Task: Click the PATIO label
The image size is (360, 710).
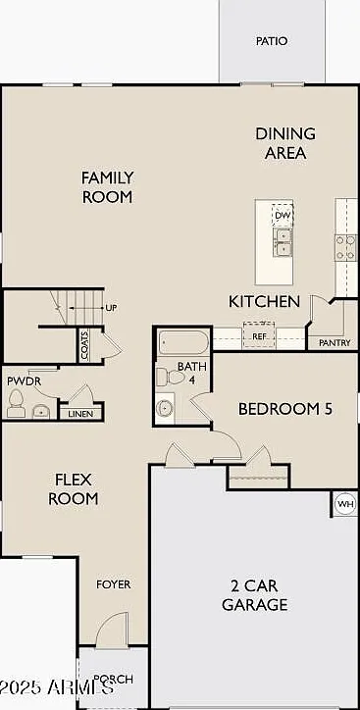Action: pyautogui.click(x=272, y=41)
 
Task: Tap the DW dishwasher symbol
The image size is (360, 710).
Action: pyautogui.click(x=283, y=215)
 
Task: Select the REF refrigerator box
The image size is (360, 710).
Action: pyautogui.click(x=259, y=335)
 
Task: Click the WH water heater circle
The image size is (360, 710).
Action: pyautogui.click(x=345, y=504)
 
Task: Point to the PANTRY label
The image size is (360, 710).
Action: pyautogui.click(x=334, y=343)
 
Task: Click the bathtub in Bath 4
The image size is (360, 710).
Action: pyautogui.click(x=183, y=342)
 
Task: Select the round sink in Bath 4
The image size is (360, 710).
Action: pyautogui.click(x=165, y=408)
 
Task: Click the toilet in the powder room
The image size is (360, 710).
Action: pyautogui.click(x=16, y=403)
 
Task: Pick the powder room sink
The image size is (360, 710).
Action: pyautogui.click(x=41, y=412)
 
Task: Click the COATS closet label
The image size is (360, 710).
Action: pyautogui.click(x=84, y=345)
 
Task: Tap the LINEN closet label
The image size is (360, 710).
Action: pyautogui.click(x=80, y=414)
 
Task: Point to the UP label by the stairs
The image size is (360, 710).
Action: pyautogui.click(x=111, y=308)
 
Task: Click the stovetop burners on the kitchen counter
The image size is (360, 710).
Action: pyautogui.click(x=346, y=248)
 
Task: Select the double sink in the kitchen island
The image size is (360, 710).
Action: pyautogui.click(x=283, y=242)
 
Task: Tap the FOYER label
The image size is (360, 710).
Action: pyautogui.click(x=113, y=584)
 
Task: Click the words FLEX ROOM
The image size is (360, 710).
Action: pyautogui.click(x=74, y=488)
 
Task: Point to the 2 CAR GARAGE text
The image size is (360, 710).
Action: pyautogui.click(x=254, y=595)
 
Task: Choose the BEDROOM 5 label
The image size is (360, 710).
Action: pyautogui.click(x=285, y=409)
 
